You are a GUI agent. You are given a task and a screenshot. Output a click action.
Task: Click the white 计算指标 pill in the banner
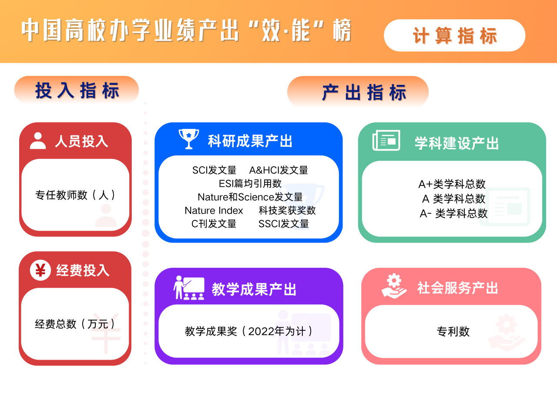pyautogui.click(x=455, y=35)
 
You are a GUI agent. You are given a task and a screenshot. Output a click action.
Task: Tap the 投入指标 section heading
pyautogui.click(x=77, y=90)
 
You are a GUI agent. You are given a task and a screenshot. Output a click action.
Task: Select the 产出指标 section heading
pyautogui.click(x=358, y=91)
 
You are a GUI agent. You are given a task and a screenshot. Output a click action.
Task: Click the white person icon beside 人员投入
pyautogui.click(x=38, y=141)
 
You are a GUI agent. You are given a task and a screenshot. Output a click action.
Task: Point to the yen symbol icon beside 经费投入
pyautogui.click(x=40, y=270)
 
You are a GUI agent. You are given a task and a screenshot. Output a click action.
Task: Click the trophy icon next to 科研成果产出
pyautogui.click(x=189, y=139)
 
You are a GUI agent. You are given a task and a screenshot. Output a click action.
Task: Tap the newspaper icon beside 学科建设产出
pyautogui.click(x=386, y=140)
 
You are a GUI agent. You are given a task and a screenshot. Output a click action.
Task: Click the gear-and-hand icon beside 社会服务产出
pyautogui.click(x=394, y=286)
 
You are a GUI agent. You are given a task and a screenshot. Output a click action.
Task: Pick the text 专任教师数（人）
pyautogui.click(x=75, y=195)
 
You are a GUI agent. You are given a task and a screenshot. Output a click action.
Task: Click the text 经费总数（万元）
pyautogui.click(x=75, y=324)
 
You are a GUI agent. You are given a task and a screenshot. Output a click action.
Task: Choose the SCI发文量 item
pyautogui.click(x=214, y=170)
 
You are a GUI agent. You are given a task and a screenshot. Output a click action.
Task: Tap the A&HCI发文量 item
pyautogui.click(x=278, y=170)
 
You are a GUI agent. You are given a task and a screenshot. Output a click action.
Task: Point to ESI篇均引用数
pyautogui.click(x=250, y=184)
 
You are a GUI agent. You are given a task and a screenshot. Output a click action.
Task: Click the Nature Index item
pyautogui.click(x=214, y=210)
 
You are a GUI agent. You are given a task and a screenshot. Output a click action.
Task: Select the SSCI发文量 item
pyautogui.click(x=283, y=224)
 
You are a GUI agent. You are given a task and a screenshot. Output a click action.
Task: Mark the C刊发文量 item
pyautogui.click(x=214, y=224)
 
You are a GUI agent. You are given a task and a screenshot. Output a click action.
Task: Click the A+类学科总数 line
pyautogui.click(x=452, y=184)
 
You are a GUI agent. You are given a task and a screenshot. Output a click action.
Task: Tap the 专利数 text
pyautogui.click(x=453, y=331)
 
